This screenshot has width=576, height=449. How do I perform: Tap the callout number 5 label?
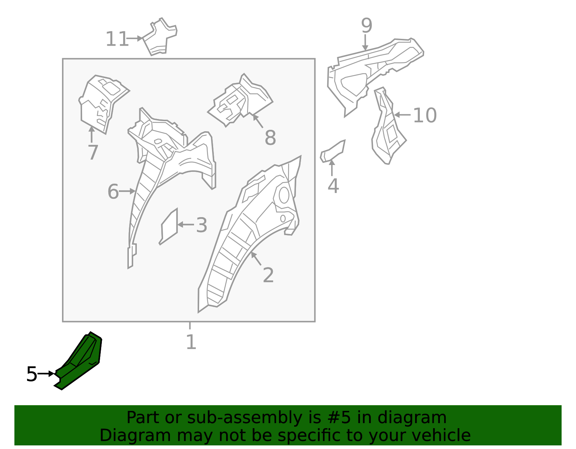tap(32, 374)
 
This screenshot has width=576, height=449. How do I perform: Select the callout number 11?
tap(117, 39)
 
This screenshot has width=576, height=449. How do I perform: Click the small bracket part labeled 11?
tap(160, 37)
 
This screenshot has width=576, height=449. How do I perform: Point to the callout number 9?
tap(366, 26)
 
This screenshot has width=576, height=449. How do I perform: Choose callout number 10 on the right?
tap(425, 115)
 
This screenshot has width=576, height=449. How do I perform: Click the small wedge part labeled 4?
tap(333, 151)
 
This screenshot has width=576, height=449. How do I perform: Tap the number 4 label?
tap(333, 186)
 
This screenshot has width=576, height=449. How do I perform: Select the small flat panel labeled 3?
tap(168, 227)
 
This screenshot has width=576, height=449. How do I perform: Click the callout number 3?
tap(202, 225)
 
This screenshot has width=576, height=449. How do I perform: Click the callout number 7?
tap(93, 153)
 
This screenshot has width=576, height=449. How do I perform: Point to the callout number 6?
tap(113, 192)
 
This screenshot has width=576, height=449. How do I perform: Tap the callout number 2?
tap(268, 275)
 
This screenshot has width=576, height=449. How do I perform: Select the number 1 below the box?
tap(191, 342)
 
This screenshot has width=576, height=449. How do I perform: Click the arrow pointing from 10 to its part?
tap(402, 115)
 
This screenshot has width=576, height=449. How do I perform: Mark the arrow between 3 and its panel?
tap(185, 225)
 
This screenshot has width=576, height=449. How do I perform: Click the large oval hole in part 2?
tap(284, 195)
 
